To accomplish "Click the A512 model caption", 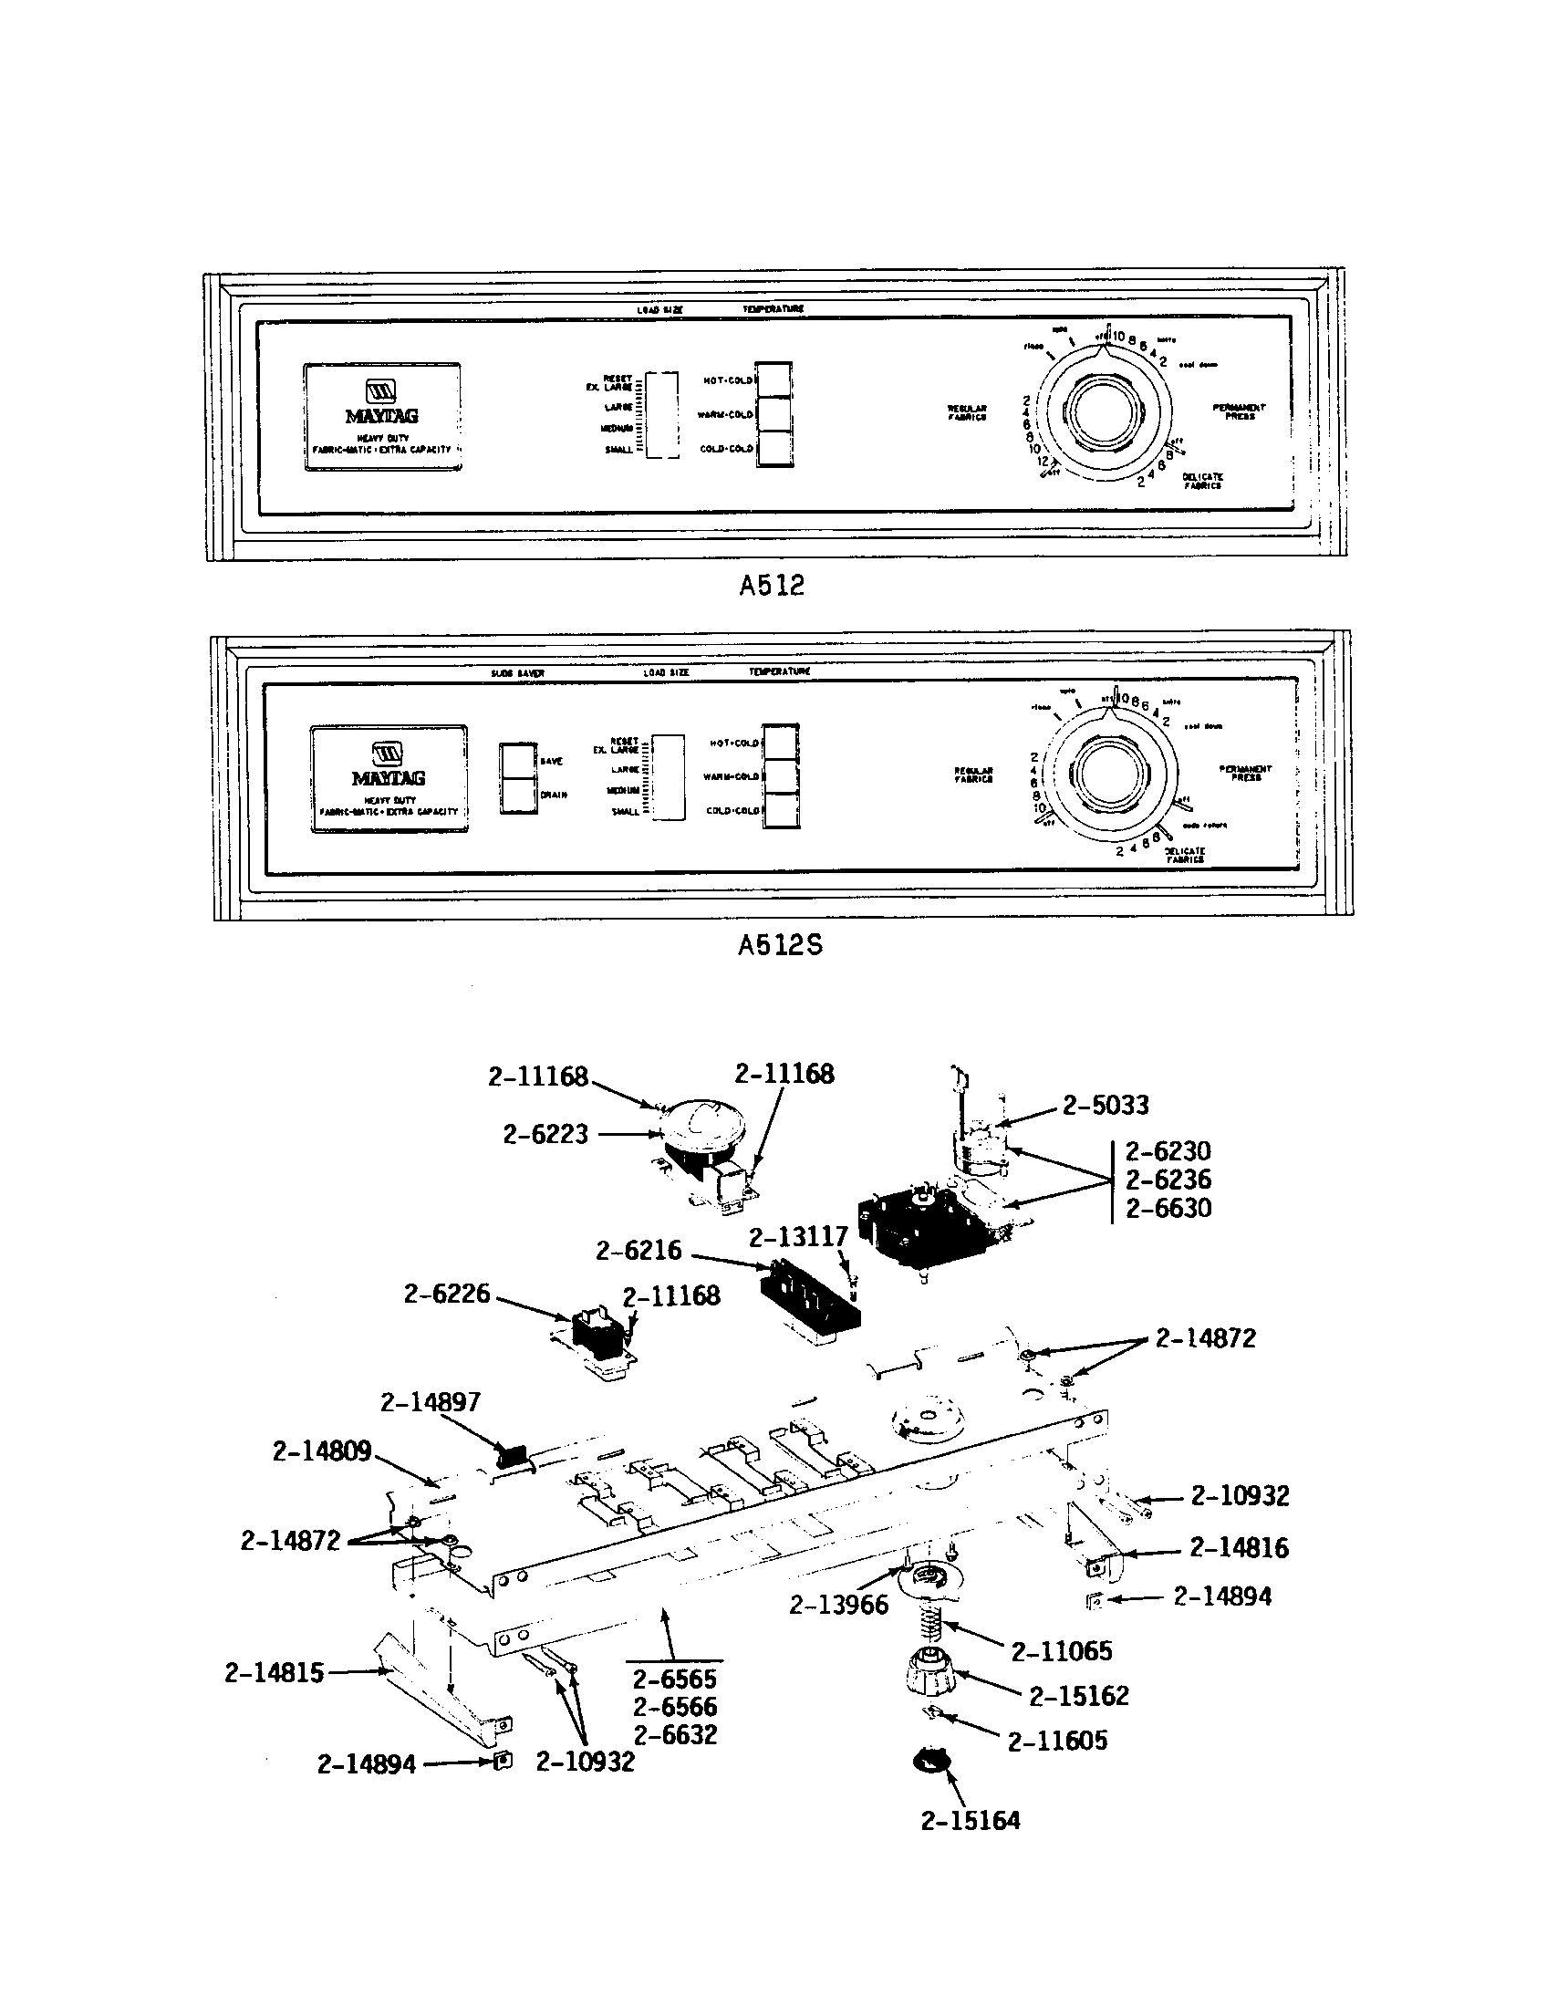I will click(x=772, y=586).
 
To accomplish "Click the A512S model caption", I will click(x=780, y=946).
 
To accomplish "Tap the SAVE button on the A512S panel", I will click(x=517, y=760).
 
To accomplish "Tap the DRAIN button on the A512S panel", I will click(x=517, y=795).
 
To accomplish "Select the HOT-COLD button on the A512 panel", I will click(x=773, y=380).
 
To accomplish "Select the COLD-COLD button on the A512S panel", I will click(x=781, y=810).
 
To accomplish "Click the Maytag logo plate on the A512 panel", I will click(x=382, y=416).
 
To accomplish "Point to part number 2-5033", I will click(x=1106, y=1106).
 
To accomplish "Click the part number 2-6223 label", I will click(x=545, y=1135).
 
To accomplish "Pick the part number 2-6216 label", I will click(x=639, y=1251).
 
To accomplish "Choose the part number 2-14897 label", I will click(x=430, y=1402).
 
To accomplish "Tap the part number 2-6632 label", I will click(x=674, y=1735).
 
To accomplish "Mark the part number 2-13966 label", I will click(x=839, y=1605).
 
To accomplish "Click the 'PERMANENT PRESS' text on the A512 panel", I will click(x=1239, y=411).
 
